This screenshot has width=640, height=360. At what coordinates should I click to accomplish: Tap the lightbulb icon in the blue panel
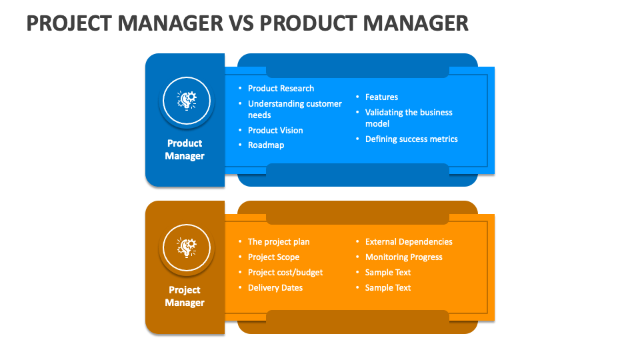(x=187, y=101)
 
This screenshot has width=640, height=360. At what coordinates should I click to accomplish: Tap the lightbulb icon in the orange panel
(x=187, y=247)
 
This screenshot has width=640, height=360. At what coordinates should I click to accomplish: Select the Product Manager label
(x=185, y=149)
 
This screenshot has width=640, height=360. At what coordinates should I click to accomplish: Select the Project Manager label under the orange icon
(x=185, y=296)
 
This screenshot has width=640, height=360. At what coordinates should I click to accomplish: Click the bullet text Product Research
(x=281, y=88)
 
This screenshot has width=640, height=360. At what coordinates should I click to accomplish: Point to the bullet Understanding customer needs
(x=295, y=109)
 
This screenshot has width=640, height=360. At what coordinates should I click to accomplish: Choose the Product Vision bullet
(x=275, y=130)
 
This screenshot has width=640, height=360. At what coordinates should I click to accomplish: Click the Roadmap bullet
(x=266, y=145)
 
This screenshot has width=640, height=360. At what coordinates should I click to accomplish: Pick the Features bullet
(x=381, y=97)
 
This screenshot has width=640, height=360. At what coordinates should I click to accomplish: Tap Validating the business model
(x=409, y=118)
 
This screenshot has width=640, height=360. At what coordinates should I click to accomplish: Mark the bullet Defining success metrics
(x=411, y=139)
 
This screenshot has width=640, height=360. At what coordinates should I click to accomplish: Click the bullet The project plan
(x=279, y=241)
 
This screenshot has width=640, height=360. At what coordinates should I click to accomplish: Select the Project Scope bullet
(x=273, y=257)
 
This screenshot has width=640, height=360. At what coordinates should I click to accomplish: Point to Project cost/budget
(x=285, y=272)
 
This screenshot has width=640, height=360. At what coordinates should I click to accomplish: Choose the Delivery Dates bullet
(x=275, y=288)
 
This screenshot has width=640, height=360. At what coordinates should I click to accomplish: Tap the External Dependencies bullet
(x=409, y=241)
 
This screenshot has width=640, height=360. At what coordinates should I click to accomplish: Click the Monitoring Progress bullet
(x=404, y=257)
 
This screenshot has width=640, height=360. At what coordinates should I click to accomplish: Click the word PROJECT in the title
(x=69, y=23)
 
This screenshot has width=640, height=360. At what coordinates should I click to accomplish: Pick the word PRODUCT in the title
(x=308, y=23)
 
